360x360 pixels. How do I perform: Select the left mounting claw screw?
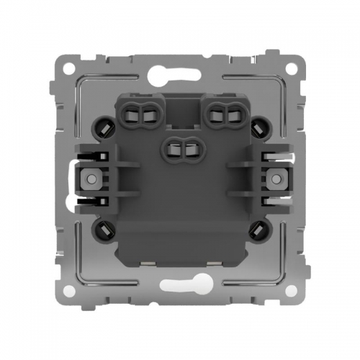[91, 178]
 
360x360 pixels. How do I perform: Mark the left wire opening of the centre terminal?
[174, 148]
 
